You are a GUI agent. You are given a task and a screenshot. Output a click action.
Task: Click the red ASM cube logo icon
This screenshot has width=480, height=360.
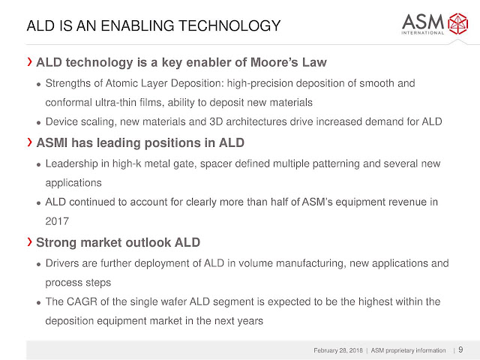coord(458,23)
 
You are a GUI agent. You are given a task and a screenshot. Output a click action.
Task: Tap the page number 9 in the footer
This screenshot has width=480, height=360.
coord(460,349)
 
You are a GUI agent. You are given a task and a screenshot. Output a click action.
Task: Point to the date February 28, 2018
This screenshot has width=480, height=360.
coord(338,350)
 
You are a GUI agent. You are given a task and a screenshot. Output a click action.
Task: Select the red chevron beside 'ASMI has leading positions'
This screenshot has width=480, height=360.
coord(29,142)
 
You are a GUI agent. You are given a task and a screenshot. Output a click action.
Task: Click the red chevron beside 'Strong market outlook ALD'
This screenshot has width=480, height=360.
coord(29,241)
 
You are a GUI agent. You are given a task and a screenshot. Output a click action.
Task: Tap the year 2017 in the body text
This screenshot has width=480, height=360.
coord(57,221)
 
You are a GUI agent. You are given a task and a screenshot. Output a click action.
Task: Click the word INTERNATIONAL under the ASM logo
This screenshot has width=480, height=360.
coord(423,32)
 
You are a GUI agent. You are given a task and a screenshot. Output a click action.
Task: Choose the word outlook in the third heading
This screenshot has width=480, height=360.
coord(148,242)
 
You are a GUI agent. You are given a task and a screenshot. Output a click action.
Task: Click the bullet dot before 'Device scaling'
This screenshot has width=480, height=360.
coord(38,123)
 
